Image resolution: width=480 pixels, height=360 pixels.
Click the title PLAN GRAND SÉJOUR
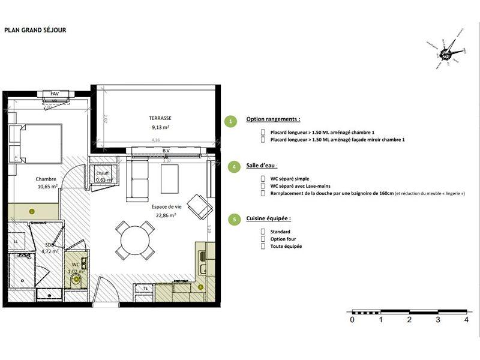35,29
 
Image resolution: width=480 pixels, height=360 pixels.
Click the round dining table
135,241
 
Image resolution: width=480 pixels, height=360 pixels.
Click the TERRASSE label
159,119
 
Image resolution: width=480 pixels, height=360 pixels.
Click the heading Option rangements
273,119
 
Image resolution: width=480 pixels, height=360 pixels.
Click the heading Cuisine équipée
268,219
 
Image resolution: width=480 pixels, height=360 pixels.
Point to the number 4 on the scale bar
466,320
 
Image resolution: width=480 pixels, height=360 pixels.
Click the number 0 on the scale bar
352,320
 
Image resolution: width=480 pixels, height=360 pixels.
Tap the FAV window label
55,94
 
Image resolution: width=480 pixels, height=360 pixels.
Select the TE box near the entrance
145,289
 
